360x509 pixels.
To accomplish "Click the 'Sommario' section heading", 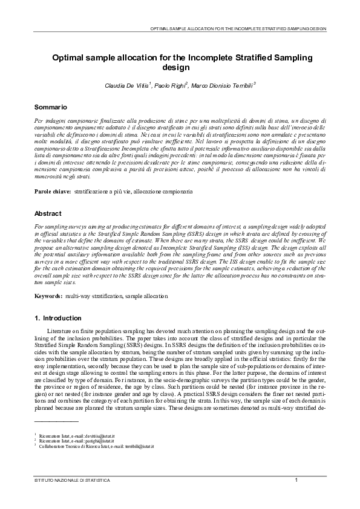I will point(50,106).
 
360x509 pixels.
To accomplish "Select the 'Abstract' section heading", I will point(48,213).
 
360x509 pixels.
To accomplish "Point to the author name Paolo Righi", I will point(170,86).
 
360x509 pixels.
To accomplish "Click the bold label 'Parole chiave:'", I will point(52,191).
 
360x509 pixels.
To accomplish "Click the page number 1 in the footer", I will point(296,480).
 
